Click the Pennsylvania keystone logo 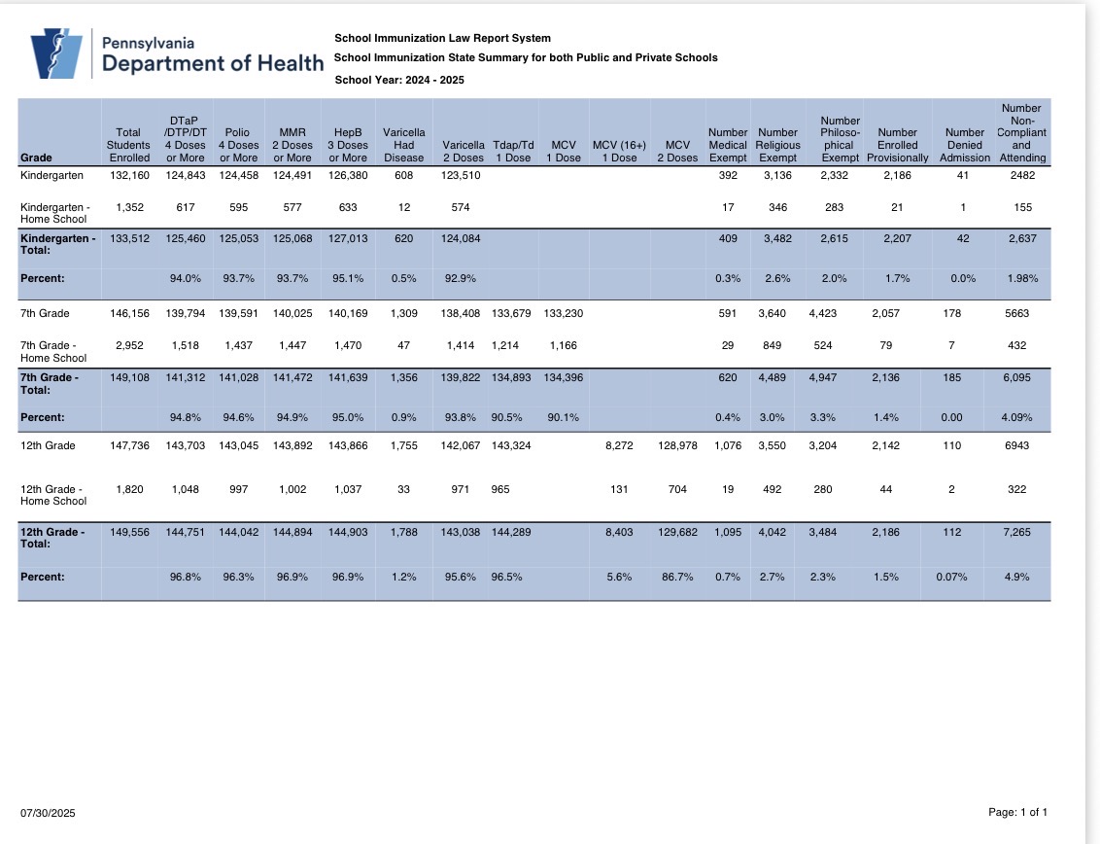pos(56,53)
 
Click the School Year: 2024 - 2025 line pos(399,80)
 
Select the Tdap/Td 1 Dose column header pos(513,152)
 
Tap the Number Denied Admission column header pos(965,145)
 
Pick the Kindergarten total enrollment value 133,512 pos(130,239)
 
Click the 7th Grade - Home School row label pos(53,352)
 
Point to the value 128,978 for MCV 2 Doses pos(677,446)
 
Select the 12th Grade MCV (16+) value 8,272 pos(619,446)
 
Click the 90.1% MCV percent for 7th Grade pos(564,418)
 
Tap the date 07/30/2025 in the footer pos(48,813)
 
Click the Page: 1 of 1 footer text pos(1018,813)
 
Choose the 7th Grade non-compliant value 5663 pos(1017,314)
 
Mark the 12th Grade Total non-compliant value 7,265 pos(1017,532)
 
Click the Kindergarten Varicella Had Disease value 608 pos(404,176)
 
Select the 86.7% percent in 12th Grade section pos(677,578)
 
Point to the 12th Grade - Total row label pos(52,538)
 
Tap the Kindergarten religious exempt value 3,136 pos(778,176)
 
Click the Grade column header pos(36,158)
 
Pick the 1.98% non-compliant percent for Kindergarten pos(1023,279)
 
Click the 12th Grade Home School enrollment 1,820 pos(130,489)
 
